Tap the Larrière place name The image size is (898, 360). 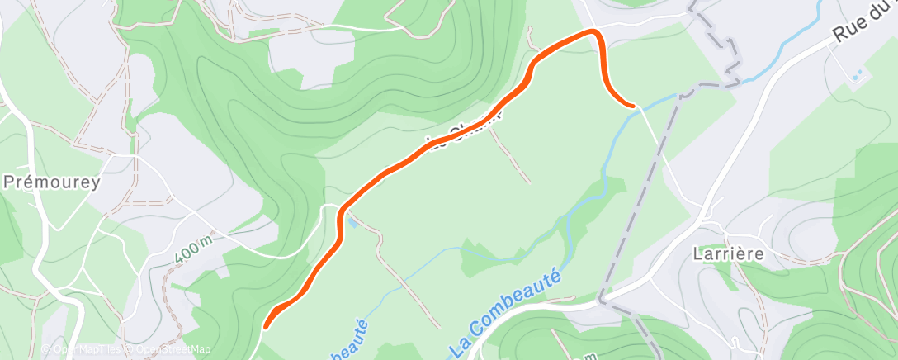point(728,254)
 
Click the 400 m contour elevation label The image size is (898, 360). point(195,249)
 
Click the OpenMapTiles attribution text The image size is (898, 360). point(87,349)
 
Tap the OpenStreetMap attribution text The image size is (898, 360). point(170,349)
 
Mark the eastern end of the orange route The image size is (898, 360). point(633,106)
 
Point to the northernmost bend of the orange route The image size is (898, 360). point(593,31)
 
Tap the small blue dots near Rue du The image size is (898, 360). point(859,75)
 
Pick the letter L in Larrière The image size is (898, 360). point(697,254)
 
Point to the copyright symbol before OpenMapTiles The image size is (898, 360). point(46,349)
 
